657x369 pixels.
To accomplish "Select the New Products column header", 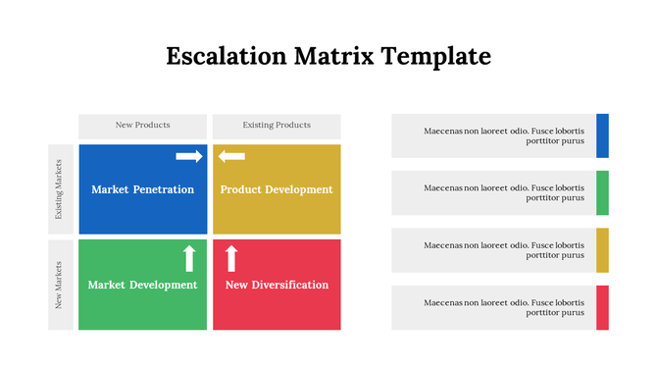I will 143,126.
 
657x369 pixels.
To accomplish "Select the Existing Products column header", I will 277,126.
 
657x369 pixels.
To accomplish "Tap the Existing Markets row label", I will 61,188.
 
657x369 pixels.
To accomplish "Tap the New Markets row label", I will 61,285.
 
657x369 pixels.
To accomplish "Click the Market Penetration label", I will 143,189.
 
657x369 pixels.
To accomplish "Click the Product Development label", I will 277,189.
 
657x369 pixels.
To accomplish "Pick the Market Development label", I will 143,285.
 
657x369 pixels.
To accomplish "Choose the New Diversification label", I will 277,285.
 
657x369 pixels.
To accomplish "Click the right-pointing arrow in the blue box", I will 189,156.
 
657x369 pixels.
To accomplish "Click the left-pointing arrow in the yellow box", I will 231,156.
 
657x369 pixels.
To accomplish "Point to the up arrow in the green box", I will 189,258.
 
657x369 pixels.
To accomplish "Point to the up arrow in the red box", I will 231,258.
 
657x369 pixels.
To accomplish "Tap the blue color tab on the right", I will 602,135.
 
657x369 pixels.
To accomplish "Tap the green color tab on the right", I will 602,192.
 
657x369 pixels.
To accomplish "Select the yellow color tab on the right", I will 602,250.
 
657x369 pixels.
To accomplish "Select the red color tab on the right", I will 602,307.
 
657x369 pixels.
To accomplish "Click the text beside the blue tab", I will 504,135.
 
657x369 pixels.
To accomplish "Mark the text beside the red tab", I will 504,307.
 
